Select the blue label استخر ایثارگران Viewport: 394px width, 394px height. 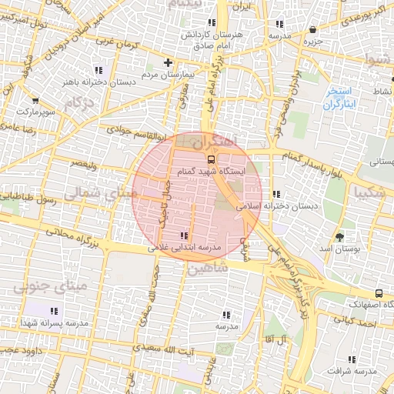(338, 98)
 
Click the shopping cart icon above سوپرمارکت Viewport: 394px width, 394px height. (35, 100)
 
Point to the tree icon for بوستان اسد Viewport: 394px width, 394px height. (339, 235)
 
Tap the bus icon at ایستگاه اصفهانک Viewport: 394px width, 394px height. (379, 293)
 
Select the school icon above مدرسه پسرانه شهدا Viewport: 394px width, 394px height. (74, 309)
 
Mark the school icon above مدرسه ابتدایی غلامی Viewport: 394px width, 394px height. (183, 235)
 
